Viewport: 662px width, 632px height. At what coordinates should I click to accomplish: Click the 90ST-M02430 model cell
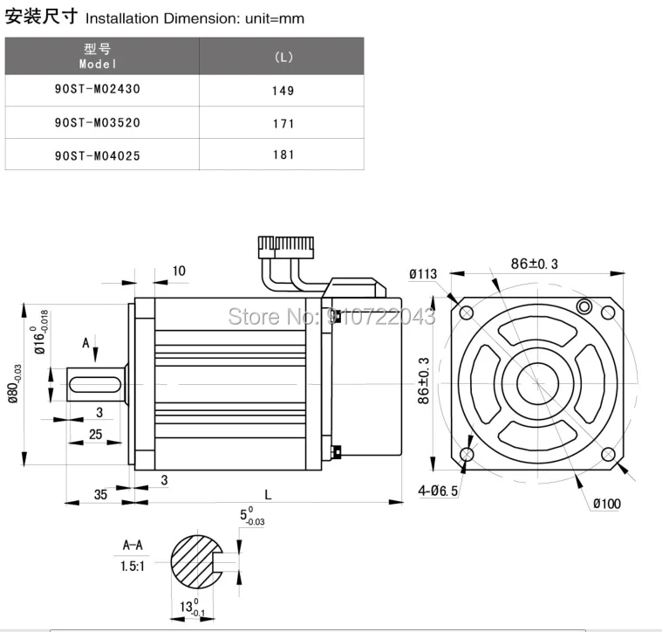97,90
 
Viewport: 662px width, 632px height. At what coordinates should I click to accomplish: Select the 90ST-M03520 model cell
97,123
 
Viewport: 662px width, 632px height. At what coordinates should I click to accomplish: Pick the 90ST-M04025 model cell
97,155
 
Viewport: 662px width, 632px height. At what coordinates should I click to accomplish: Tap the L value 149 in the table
283,91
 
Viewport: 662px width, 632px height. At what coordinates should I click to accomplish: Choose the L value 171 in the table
283,124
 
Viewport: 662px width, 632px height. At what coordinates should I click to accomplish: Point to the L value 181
283,155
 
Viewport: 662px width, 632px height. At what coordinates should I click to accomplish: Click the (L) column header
283,58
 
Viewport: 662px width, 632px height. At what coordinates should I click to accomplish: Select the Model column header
97,57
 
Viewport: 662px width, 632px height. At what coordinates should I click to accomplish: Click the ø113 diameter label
423,274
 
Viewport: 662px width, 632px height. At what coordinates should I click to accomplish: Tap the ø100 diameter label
607,504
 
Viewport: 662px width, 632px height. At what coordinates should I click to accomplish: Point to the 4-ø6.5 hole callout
438,491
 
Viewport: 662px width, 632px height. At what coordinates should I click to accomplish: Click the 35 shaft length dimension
100,494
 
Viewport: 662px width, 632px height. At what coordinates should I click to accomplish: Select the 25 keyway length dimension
95,434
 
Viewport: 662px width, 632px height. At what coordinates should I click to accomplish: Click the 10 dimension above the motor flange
179,271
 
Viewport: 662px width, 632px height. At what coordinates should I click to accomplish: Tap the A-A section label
133,546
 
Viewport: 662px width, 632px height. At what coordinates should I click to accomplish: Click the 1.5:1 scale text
133,566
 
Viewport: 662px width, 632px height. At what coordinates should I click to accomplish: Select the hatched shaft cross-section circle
197,563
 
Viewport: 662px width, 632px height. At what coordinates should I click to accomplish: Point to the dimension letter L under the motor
268,495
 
